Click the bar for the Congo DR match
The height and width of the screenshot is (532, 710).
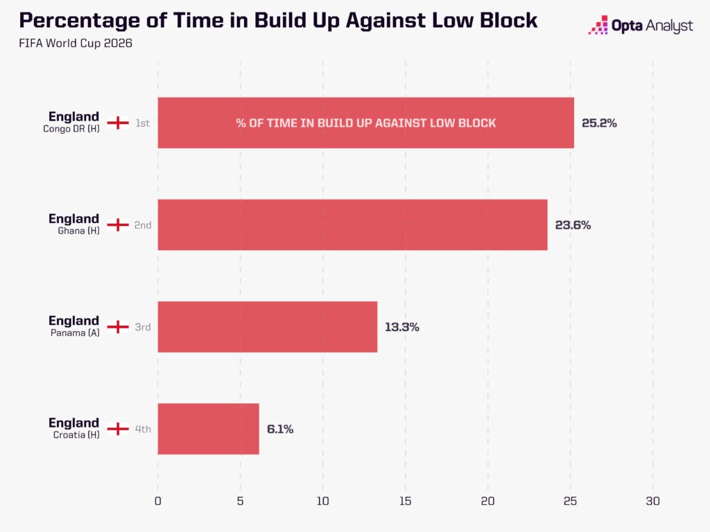[366, 123]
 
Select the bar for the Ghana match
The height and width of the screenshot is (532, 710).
[352, 225]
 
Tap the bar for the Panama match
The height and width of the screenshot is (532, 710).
[267, 327]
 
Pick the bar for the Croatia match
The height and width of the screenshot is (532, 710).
[208, 429]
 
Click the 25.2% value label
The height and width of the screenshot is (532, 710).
[599, 123]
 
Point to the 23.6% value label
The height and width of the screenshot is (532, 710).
[573, 225]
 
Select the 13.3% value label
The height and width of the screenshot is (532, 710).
[402, 327]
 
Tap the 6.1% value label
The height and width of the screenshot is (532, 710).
[280, 429]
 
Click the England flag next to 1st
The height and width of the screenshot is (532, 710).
[118, 123]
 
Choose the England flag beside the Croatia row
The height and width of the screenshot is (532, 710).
[118, 429]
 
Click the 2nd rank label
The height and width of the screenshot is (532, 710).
[143, 225]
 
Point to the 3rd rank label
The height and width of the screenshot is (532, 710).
[143, 327]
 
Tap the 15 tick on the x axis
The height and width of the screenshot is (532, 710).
[405, 501]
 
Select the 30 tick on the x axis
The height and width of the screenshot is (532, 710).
[653, 501]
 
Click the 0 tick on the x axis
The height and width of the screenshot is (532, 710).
[157, 501]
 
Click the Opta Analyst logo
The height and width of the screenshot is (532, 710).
[640, 26]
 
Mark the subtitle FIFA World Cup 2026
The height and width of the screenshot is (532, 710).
[76, 43]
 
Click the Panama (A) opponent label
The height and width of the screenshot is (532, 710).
[75, 333]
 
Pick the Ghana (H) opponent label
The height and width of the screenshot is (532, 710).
[78, 231]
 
